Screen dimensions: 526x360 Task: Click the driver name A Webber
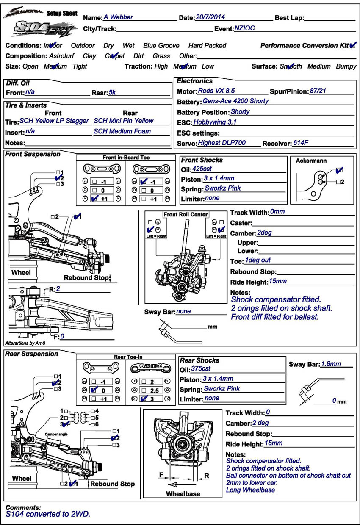click(x=118, y=17)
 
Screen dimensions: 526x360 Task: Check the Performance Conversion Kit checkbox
click(x=353, y=45)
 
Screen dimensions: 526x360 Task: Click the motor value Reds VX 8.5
click(x=216, y=91)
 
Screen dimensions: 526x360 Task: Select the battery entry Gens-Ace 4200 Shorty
click(x=235, y=101)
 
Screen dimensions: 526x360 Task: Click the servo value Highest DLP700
click(x=222, y=143)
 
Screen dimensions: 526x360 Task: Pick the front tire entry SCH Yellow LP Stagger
click(x=54, y=121)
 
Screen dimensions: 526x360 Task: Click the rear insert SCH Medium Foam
click(x=122, y=131)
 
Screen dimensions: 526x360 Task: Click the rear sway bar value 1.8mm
click(x=331, y=363)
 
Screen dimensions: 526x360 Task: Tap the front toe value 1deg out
click(x=258, y=260)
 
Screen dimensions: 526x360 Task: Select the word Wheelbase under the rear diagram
click(x=183, y=494)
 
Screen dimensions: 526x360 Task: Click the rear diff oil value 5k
click(x=112, y=92)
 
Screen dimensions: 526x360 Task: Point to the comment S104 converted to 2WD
click(x=48, y=515)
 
